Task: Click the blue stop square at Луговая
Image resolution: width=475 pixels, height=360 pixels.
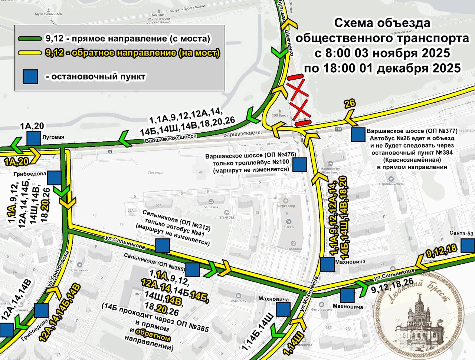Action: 33,139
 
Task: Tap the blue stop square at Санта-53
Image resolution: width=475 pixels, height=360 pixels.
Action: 468,246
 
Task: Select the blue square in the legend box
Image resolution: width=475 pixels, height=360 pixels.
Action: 30,76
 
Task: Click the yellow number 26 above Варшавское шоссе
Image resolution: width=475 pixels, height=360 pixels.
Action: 350,104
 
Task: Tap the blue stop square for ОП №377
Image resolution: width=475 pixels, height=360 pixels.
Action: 358,135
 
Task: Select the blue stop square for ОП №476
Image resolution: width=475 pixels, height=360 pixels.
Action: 299,165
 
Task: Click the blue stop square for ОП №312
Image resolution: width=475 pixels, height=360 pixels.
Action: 163,246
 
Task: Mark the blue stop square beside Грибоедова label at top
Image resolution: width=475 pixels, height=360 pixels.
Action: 54,178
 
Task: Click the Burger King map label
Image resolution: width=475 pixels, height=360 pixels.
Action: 285,206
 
